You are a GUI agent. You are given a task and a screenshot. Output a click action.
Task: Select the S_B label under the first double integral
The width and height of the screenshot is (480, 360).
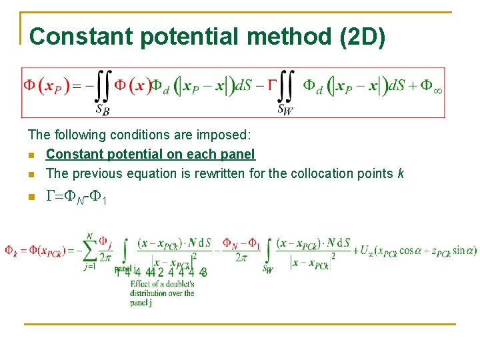pyautogui.click(x=103, y=108)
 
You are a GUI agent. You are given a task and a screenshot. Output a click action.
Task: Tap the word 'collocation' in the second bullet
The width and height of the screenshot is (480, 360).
pyautogui.click(x=323, y=173)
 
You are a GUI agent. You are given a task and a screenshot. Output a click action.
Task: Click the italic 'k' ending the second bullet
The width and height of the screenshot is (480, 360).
pyautogui.click(x=400, y=173)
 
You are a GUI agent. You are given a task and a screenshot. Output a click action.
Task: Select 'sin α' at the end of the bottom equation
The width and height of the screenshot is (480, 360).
pyautogui.click(x=464, y=251)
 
